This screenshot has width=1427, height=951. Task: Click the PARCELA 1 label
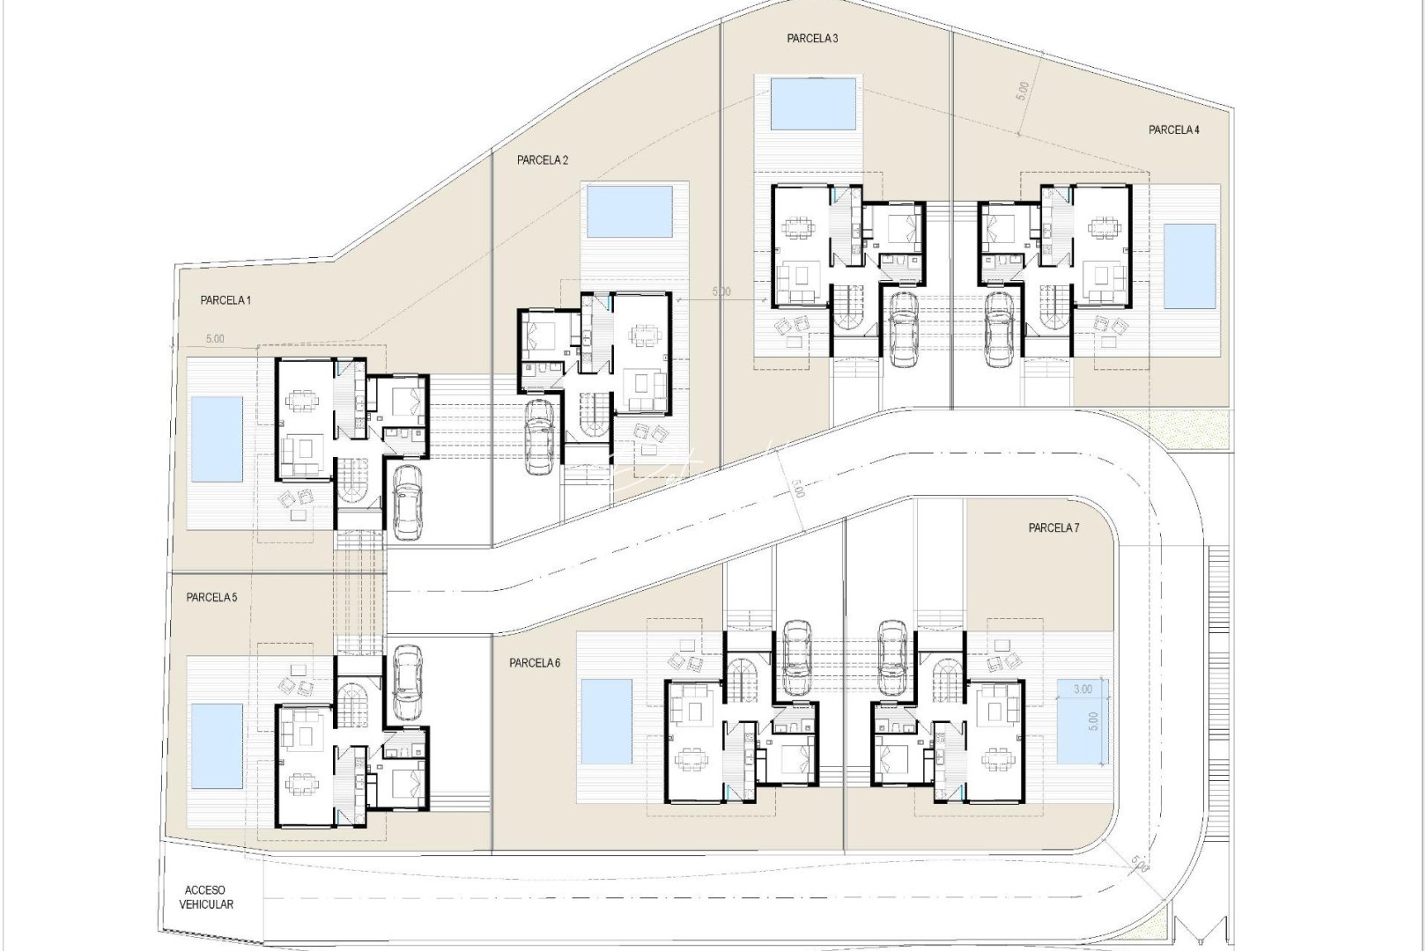tap(226, 300)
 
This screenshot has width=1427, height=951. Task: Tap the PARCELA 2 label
tap(543, 160)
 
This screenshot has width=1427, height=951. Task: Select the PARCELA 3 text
tap(812, 38)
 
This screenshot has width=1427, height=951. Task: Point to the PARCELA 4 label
tap(1173, 130)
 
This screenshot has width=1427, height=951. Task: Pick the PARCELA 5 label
tap(211, 597)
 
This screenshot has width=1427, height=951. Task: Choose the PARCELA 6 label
tap(535, 663)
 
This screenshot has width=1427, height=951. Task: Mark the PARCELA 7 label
tap(1054, 528)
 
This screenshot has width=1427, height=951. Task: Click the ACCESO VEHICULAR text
tap(206, 897)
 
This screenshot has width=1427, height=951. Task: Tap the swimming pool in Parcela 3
tap(812, 103)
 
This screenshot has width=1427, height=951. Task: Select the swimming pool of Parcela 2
tap(629, 211)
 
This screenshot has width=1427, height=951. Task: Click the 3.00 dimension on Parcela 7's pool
tap(1082, 689)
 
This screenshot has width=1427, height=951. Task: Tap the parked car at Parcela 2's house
tap(539, 437)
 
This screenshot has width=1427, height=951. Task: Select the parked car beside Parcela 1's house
tap(406, 501)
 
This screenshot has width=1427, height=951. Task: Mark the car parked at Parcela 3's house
tap(905, 328)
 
